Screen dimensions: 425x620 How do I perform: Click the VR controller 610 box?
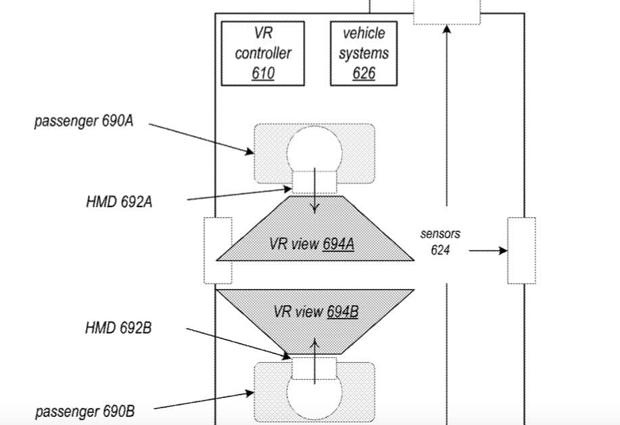click(x=263, y=53)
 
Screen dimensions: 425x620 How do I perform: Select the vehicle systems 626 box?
click(x=364, y=53)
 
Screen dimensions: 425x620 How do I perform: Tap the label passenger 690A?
click(x=79, y=122)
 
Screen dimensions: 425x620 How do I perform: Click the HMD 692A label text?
click(x=118, y=202)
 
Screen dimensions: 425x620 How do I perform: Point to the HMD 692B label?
click(x=118, y=328)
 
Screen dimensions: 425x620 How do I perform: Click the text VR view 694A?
click(x=312, y=244)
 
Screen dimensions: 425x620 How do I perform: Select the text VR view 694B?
click(x=316, y=311)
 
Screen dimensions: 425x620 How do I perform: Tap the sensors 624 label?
click(x=440, y=242)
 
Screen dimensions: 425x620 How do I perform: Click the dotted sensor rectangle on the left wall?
click(x=218, y=250)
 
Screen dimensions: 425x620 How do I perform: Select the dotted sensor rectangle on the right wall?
click(x=521, y=250)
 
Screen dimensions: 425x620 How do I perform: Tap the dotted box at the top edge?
click(x=447, y=12)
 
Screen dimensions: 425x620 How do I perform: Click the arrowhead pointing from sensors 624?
click(x=503, y=250)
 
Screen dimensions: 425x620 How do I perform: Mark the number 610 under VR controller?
click(x=263, y=73)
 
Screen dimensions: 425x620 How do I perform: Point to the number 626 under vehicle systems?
click(x=364, y=73)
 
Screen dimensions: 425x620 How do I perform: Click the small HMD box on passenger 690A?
click(x=314, y=181)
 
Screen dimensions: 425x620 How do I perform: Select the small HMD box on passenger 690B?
click(x=314, y=369)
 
